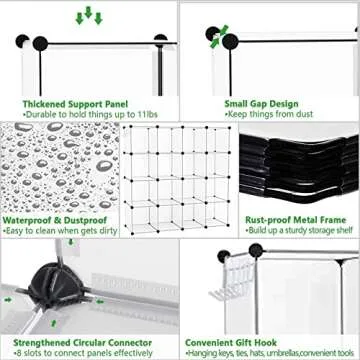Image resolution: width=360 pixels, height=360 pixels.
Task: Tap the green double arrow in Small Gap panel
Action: [214, 37]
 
